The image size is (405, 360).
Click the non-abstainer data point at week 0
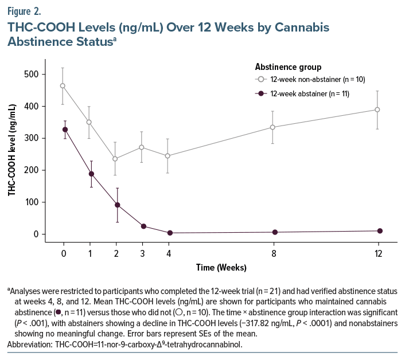coord(63,86)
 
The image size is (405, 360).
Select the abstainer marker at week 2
coord(117,205)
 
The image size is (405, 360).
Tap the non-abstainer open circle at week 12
coord(377,109)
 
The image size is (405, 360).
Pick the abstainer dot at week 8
coord(275,232)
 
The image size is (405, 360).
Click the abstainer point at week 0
coord(65,130)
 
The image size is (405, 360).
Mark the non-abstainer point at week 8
coord(273,127)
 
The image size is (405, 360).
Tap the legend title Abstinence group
coord(288,67)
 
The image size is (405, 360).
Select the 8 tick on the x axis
coord(274,253)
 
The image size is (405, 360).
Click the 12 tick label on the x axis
coord(378,253)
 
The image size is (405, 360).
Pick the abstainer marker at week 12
coord(378,231)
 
